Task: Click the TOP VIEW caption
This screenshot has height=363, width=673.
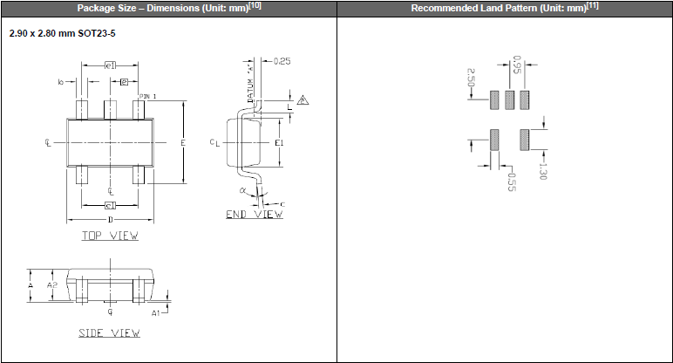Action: tap(110, 236)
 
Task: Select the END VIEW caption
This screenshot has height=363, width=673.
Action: tap(254, 214)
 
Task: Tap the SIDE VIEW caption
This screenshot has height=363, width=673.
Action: tap(109, 332)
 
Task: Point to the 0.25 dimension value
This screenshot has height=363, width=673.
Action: tap(282, 61)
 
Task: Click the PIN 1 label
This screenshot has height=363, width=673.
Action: tap(149, 95)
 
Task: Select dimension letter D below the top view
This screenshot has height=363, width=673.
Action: tap(110, 219)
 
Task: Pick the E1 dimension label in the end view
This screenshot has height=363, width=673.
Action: tap(279, 142)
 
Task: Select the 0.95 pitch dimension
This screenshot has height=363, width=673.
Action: tap(517, 65)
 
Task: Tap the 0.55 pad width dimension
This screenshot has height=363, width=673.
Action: tap(512, 181)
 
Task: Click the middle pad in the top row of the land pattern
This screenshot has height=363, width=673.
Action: tap(509, 99)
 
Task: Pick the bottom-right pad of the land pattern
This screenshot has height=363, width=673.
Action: tap(525, 140)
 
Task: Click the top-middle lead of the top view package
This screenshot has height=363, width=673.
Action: tap(110, 109)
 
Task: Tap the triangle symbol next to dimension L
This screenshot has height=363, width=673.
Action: tap(303, 100)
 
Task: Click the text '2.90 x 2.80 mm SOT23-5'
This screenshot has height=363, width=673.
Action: tap(62, 32)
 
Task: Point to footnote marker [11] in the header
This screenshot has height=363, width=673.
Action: tap(592, 6)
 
